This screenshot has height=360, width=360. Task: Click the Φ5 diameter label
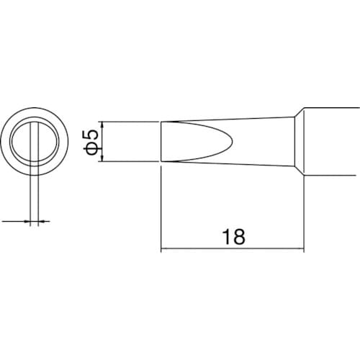coord(91,141)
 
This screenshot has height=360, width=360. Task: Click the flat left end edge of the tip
coord(160,141)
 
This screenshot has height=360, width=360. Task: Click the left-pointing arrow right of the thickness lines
coord(40,221)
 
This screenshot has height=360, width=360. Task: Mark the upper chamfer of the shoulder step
coord(298,115)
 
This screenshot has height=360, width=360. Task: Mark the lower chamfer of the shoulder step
coord(298,168)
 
